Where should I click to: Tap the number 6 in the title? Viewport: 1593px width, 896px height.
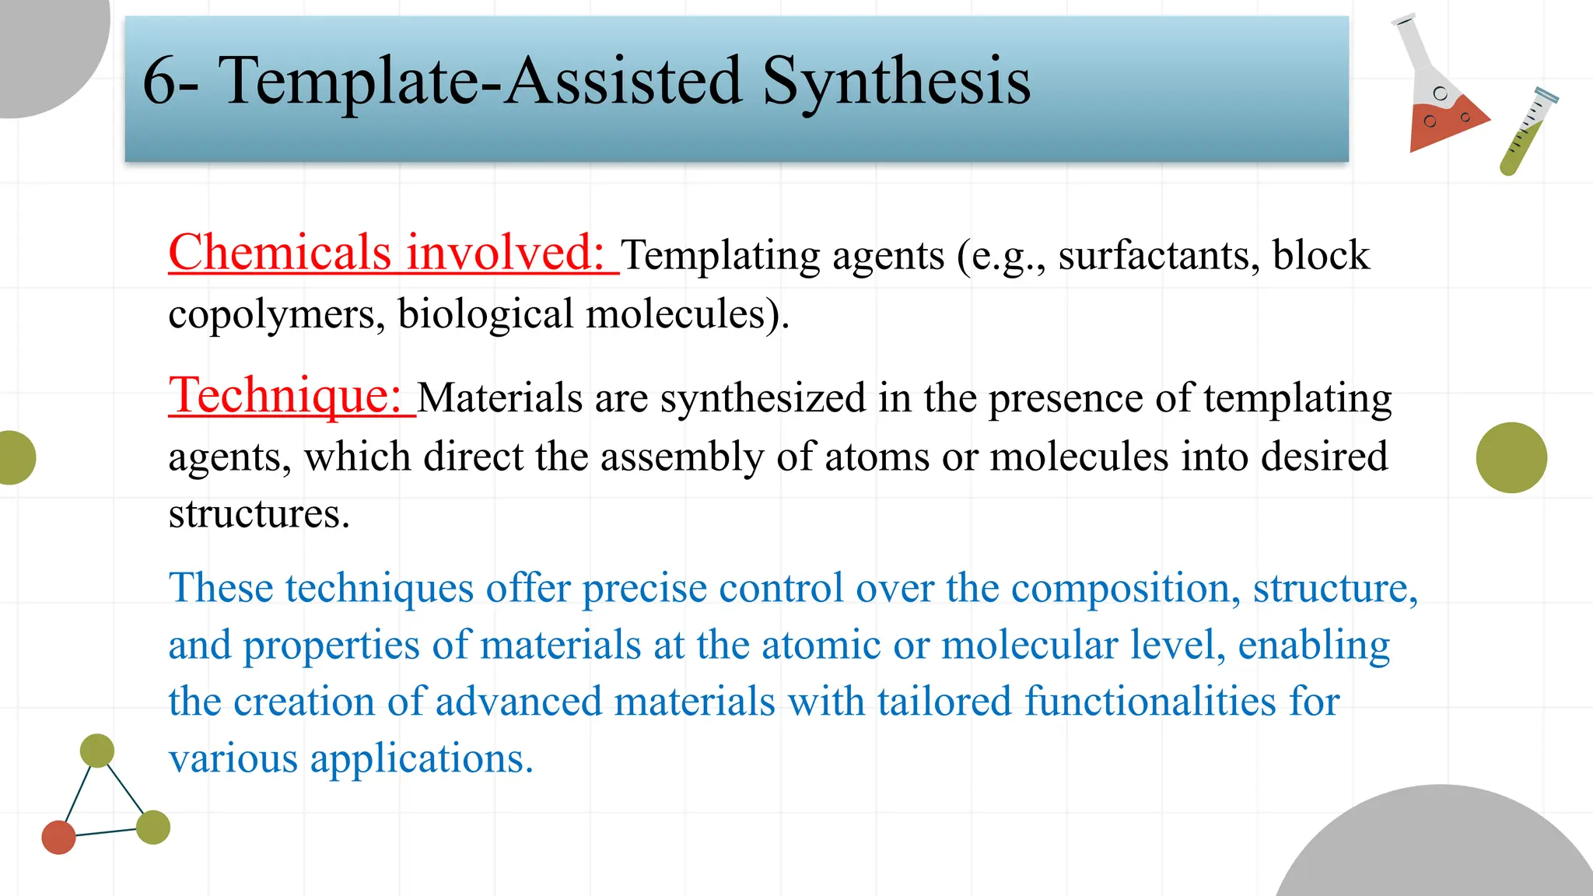coord(160,81)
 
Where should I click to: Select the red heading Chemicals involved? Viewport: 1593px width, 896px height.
coord(387,253)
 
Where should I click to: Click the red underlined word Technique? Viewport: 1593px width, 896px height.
coord(285,395)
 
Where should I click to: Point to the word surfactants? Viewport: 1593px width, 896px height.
coord(1158,256)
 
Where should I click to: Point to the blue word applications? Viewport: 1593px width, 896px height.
coord(421,758)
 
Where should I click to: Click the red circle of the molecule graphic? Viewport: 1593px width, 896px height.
coord(58,837)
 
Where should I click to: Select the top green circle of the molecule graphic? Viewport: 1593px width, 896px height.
coord(97,751)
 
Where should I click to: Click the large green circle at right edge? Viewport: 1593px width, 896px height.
coord(1511,457)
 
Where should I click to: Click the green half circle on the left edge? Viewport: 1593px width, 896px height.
coord(16,457)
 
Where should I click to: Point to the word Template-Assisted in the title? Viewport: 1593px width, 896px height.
coord(480,81)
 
